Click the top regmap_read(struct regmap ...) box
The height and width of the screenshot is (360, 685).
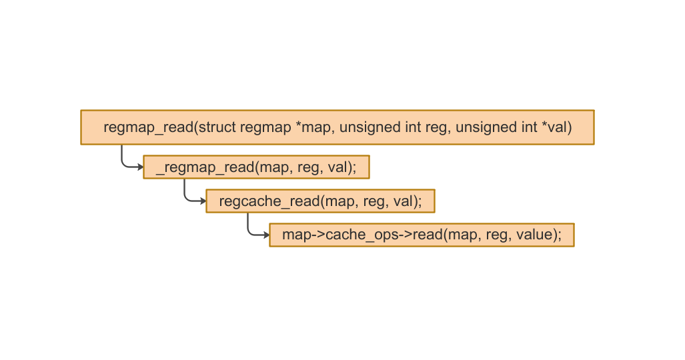tap(337, 127)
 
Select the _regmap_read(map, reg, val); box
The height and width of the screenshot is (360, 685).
tap(256, 167)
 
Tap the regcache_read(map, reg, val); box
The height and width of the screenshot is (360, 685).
tap(320, 201)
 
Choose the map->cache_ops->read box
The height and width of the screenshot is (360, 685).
tap(422, 235)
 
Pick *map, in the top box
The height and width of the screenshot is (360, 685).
tap(315, 127)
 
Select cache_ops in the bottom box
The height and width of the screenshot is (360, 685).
tap(357, 235)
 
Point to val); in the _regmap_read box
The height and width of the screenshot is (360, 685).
tap(342, 167)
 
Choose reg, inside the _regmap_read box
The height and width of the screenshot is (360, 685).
tap(310, 167)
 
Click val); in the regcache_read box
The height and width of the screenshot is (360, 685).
tap(408, 201)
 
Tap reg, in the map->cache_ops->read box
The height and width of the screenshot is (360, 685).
tap(498, 235)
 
